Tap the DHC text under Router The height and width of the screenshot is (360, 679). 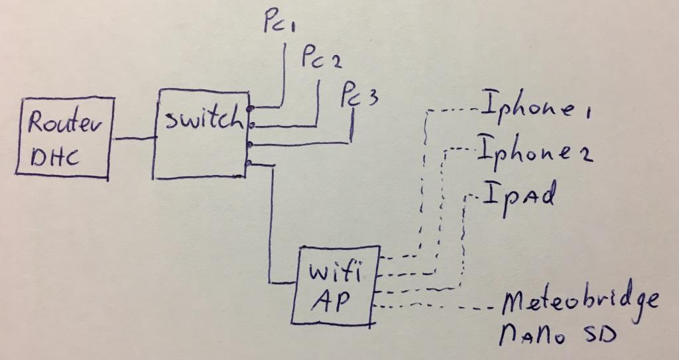(x=56, y=157)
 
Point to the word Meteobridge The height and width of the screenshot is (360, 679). (x=581, y=302)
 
